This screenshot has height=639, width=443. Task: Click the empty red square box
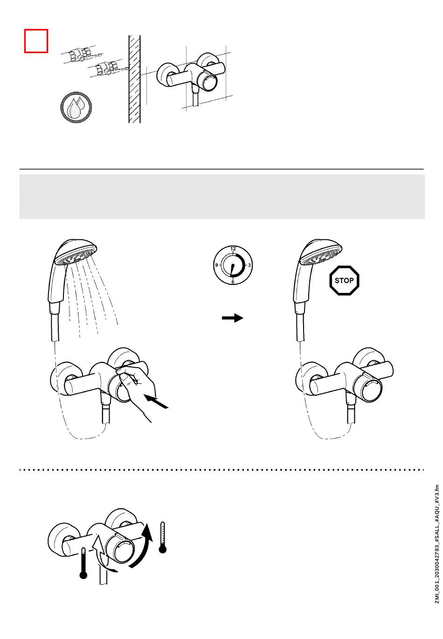tap(36, 41)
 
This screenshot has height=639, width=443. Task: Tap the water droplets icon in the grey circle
tap(76, 107)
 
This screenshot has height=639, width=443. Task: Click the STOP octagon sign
tap(344, 280)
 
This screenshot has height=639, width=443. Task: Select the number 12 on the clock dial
tap(233, 249)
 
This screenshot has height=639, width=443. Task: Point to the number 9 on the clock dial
tap(216, 265)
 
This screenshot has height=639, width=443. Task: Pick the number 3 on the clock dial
tap(249, 265)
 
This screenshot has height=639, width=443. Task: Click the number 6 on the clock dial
tap(233, 282)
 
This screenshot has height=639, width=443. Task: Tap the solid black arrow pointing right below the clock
tap(233, 318)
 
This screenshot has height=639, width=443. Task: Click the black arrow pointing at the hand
tap(157, 402)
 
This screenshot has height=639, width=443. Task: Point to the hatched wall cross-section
tap(134, 79)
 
